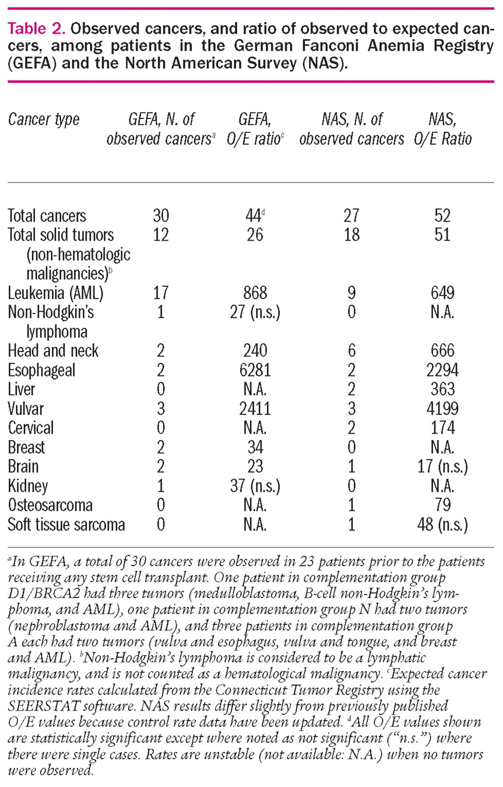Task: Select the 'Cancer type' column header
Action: click(44, 121)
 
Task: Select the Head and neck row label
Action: click(53, 350)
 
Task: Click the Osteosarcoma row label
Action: click(50, 505)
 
